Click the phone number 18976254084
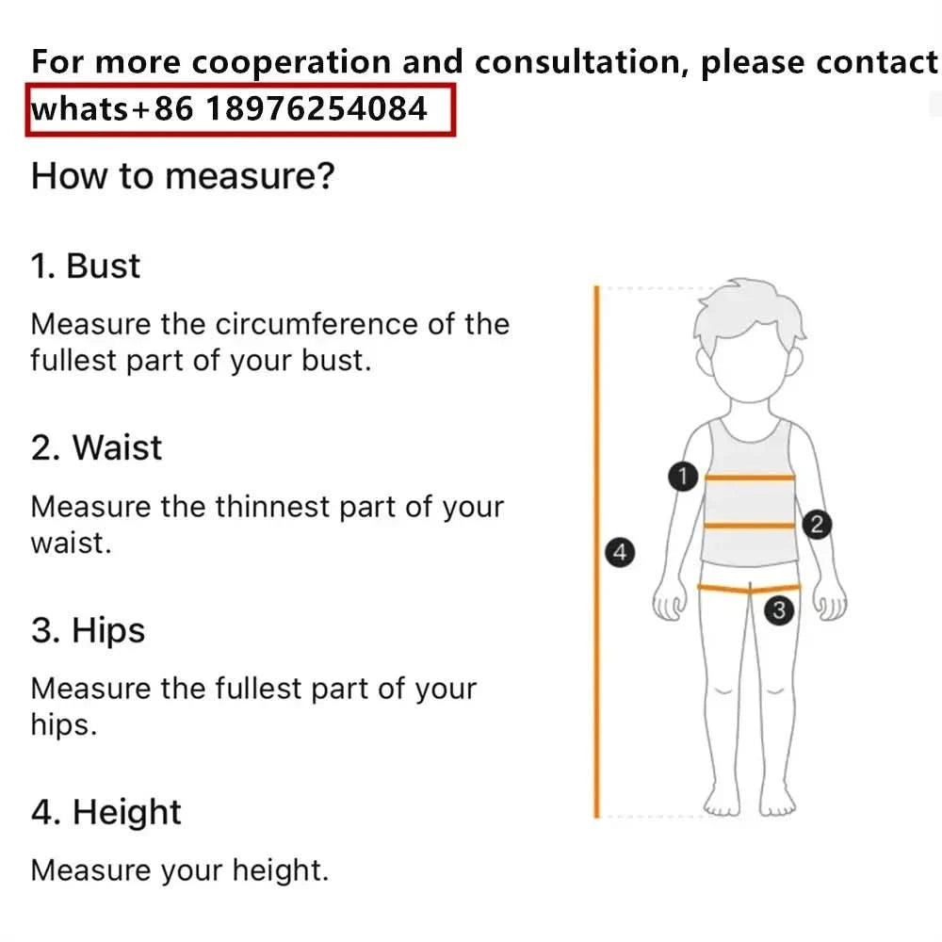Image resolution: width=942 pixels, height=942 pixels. [317, 108]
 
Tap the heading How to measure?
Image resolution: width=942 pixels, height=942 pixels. [183, 176]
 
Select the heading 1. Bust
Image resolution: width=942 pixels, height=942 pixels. [86, 266]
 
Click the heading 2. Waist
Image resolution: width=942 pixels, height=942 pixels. [96, 447]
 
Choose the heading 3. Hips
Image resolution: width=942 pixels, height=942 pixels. [88, 631]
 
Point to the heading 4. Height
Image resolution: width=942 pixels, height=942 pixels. [106, 812]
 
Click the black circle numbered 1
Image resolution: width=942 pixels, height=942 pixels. [682, 477]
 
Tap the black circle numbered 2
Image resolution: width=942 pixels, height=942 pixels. [817, 525]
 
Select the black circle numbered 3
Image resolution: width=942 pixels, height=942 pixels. [779, 610]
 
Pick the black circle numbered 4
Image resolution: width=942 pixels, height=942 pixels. [620, 552]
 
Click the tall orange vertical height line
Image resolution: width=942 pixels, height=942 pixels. [596, 552]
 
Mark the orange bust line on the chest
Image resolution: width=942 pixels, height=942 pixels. [750, 478]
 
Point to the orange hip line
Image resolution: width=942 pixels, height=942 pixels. [749, 588]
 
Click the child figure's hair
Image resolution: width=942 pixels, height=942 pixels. [749, 314]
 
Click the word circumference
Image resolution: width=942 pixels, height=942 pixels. [317, 324]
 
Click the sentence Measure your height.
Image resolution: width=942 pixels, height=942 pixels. [180, 870]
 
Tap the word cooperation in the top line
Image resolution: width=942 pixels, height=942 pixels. [291, 62]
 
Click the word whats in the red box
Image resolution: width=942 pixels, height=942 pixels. [80, 109]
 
